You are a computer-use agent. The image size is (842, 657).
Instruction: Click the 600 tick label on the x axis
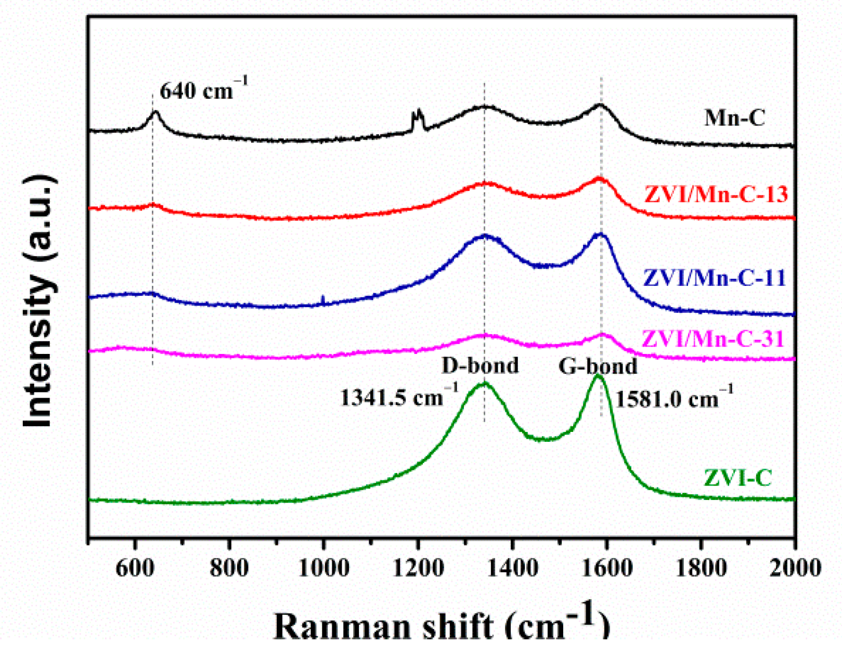[x=135, y=568]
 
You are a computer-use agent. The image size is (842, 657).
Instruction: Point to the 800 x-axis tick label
[x=229, y=568]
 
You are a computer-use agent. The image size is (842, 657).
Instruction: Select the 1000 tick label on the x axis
[x=323, y=568]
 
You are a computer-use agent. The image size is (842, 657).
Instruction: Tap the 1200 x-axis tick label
[x=418, y=568]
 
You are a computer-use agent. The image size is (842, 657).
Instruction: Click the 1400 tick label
[x=512, y=568]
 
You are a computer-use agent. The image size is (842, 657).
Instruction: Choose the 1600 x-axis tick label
[x=606, y=568]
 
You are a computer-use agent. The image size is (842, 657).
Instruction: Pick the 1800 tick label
[x=701, y=568]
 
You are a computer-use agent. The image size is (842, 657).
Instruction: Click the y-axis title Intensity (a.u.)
[x=38, y=301]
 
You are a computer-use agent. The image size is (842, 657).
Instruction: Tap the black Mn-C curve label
[x=735, y=118]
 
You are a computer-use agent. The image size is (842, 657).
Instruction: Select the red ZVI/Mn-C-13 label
[x=716, y=194]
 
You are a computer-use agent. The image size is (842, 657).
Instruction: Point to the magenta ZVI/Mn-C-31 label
[x=713, y=339]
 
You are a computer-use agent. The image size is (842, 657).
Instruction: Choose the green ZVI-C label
[x=737, y=478]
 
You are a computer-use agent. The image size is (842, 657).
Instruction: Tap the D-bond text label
[x=480, y=365]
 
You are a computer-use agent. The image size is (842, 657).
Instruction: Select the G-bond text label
[x=598, y=366]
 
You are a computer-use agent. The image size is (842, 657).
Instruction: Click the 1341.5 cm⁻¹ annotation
[x=399, y=398]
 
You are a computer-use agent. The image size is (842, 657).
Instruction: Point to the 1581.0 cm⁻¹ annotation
[x=674, y=399]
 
